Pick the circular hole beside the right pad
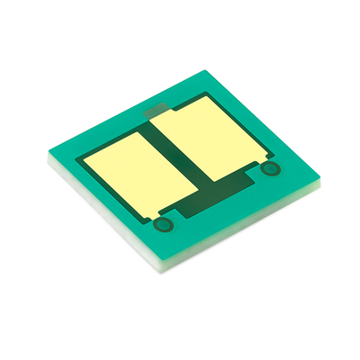pos(270,170)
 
